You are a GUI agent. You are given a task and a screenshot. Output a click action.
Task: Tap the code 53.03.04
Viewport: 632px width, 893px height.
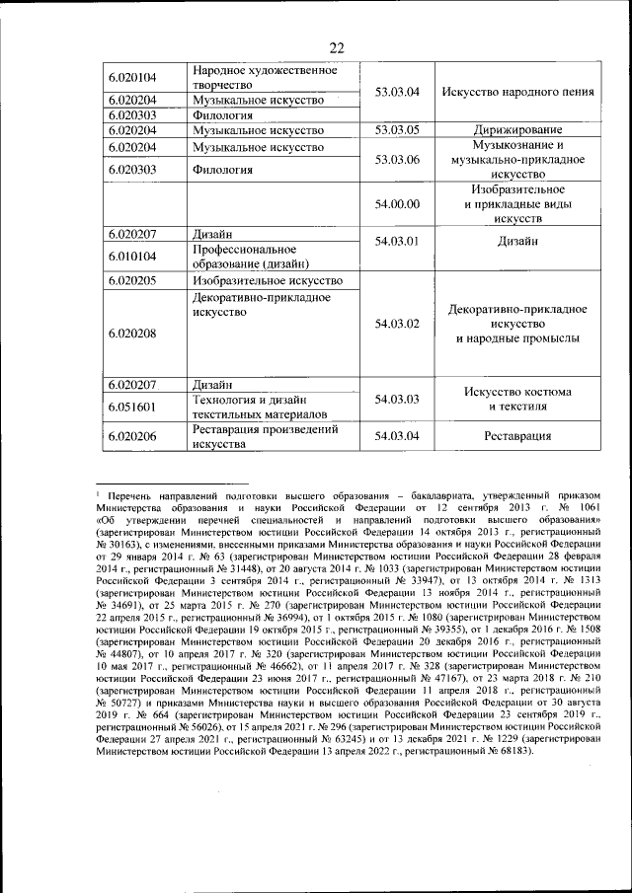click(398, 92)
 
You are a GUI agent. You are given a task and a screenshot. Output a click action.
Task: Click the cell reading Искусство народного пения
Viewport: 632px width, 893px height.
click(517, 92)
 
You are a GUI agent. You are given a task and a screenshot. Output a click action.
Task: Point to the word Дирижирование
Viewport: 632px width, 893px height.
click(517, 130)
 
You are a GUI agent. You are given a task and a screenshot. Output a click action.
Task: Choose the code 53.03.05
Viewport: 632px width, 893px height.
click(398, 130)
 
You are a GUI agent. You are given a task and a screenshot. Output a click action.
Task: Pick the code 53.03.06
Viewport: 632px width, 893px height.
click(398, 159)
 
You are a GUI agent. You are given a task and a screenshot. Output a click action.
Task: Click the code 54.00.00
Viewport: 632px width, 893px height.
click(398, 203)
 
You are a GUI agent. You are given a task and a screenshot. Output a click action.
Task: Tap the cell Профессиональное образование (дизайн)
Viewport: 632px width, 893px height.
click(252, 257)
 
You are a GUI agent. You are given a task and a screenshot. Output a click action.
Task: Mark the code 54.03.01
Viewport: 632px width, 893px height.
click(398, 241)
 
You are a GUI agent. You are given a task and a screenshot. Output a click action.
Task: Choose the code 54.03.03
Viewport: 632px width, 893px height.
click(398, 399)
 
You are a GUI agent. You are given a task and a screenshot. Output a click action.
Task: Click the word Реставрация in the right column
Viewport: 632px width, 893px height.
click(517, 436)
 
